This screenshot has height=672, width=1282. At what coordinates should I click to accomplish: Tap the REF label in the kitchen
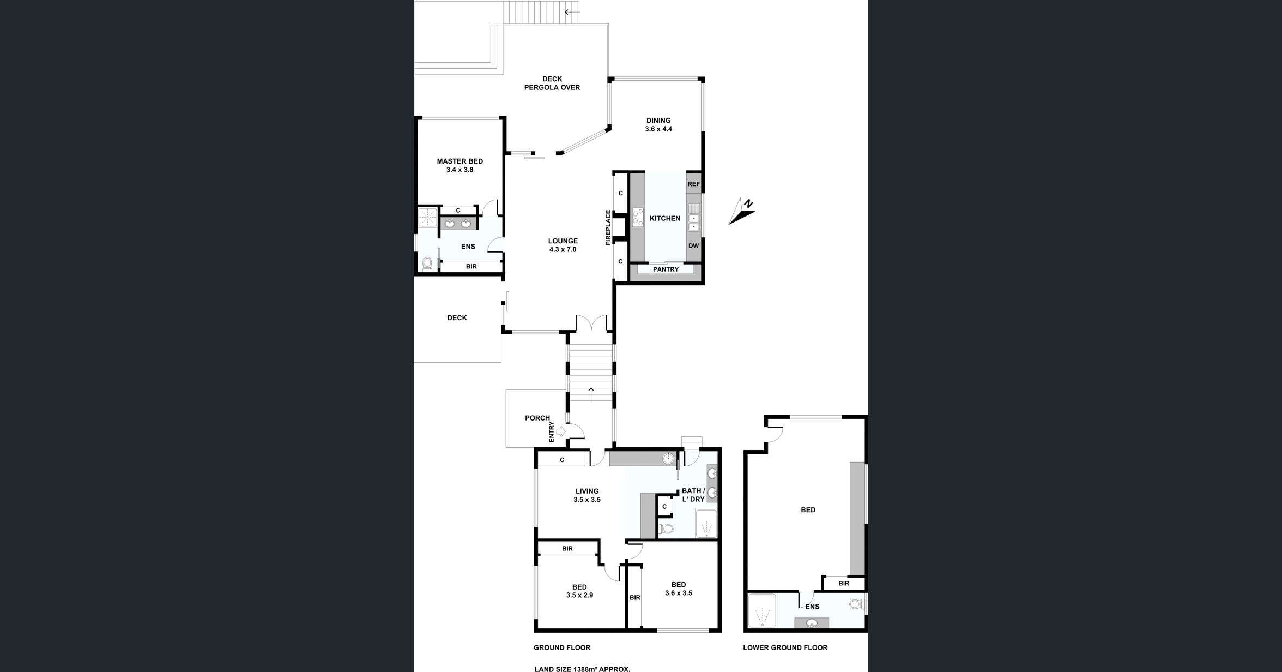point(693,184)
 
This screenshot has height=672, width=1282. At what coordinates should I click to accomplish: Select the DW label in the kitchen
point(693,246)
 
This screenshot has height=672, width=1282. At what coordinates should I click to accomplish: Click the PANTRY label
point(666,269)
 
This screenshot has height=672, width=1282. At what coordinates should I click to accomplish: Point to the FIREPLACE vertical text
point(608,227)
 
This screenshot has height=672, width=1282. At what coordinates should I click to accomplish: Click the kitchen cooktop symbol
point(637,218)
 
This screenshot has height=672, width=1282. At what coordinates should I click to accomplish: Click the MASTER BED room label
point(459,165)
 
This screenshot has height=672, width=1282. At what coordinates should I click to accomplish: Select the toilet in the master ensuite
point(428,264)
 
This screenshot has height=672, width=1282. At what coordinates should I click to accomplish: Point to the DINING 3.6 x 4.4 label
point(658,125)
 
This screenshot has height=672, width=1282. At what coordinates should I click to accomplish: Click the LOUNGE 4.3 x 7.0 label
point(563,245)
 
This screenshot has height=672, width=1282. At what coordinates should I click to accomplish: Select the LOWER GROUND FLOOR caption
point(785,647)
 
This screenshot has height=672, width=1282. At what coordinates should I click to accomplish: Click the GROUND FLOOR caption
point(562,647)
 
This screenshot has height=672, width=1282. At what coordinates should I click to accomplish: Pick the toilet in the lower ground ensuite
point(857,604)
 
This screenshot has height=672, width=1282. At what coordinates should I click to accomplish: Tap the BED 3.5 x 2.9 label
point(579,591)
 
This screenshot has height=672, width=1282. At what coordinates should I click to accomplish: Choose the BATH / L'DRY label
point(693,495)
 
